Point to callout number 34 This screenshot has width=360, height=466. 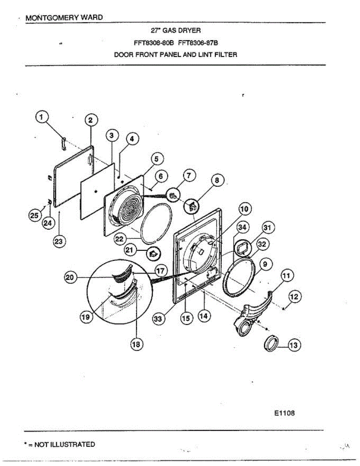tap(243, 227)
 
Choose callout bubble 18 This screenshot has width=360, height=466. tap(136, 344)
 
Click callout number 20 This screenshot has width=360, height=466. tap(70, 277)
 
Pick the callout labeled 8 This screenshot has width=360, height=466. tap(217, 180)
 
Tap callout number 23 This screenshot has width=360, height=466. tap(59, 241)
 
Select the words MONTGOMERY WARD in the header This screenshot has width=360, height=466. tap(64, 18)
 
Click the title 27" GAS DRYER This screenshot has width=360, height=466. tap(176, 30)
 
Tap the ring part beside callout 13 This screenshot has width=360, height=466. tap(271, 344)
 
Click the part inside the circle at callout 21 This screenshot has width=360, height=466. tap(153, 253)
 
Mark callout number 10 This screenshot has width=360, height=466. tap(245, 209)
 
